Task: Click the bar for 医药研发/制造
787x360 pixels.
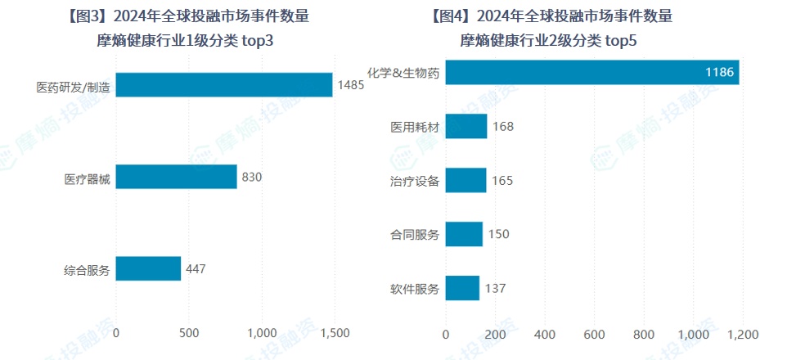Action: (x=224, y=85)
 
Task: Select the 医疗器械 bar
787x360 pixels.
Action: (x=176, y=177)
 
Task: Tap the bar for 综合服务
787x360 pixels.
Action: (x=148, y=268)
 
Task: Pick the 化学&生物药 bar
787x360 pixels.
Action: (x=592, y=73)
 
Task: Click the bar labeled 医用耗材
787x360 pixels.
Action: (x=466, y=127)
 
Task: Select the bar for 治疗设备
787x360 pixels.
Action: (x=466, y=180)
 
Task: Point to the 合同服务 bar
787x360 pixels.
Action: (x=464, y=235)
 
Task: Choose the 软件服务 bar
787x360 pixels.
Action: (x=462, y=288)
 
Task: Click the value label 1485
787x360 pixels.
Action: (x=350, y=85)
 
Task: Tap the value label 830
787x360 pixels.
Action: (x=251, y=177)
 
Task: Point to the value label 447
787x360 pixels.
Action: (x=196, y=268)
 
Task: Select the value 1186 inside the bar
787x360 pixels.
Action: (x=721, y=73)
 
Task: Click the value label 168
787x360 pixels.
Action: (x=502, y=127)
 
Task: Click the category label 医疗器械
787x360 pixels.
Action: (x=87, y=177)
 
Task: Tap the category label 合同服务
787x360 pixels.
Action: (x=415, y=235)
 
